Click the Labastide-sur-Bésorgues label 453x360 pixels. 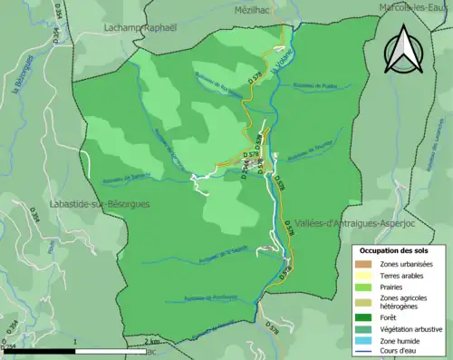[100, 204]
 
